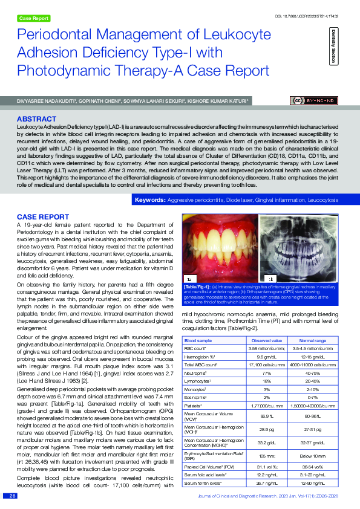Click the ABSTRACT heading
37,119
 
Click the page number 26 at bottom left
12,496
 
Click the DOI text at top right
315,5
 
